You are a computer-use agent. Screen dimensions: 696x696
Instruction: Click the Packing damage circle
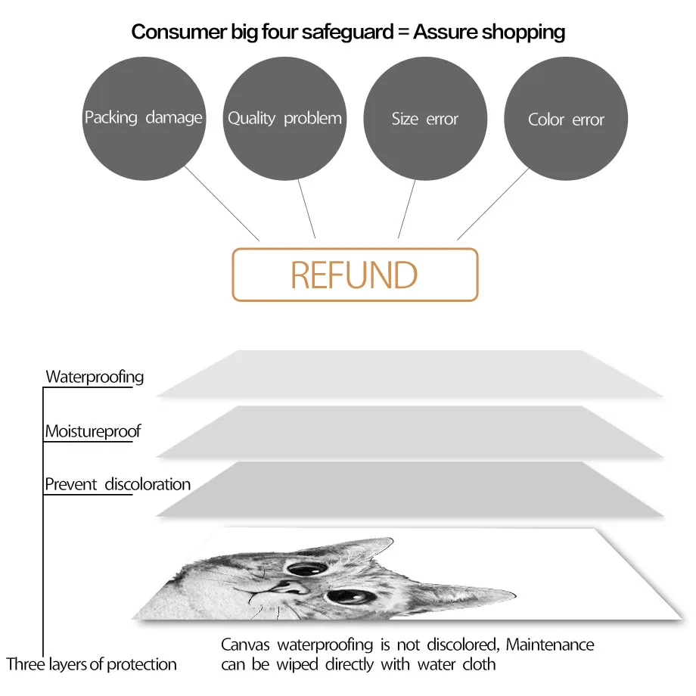pos(144,119)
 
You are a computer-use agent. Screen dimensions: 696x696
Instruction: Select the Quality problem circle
pos(284,119)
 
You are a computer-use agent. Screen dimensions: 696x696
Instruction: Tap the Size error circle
pos(425,119)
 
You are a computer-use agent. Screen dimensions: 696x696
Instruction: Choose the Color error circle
pos(566,119)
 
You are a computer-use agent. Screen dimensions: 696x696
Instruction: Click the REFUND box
pos(355,275)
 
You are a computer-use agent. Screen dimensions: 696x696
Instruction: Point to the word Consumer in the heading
pos(179,32)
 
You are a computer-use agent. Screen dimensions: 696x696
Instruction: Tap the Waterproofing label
pos(95,377)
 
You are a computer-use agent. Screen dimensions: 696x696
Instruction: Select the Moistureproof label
pos(93,431)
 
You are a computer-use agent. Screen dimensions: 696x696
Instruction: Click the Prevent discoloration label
pos(117,484)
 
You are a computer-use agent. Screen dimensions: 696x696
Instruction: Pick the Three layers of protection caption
pos(92,664)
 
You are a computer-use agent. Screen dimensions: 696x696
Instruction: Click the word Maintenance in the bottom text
pos(550,645)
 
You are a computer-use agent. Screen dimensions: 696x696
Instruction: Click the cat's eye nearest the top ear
pos(306,569)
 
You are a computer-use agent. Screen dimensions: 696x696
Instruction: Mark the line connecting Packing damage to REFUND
pos(222,204)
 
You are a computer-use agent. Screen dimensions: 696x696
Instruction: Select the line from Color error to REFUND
pos(493,204)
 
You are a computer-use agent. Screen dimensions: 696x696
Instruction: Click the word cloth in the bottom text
pos(479,664)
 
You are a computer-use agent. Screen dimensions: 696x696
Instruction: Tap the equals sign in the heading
pos(403,33)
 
